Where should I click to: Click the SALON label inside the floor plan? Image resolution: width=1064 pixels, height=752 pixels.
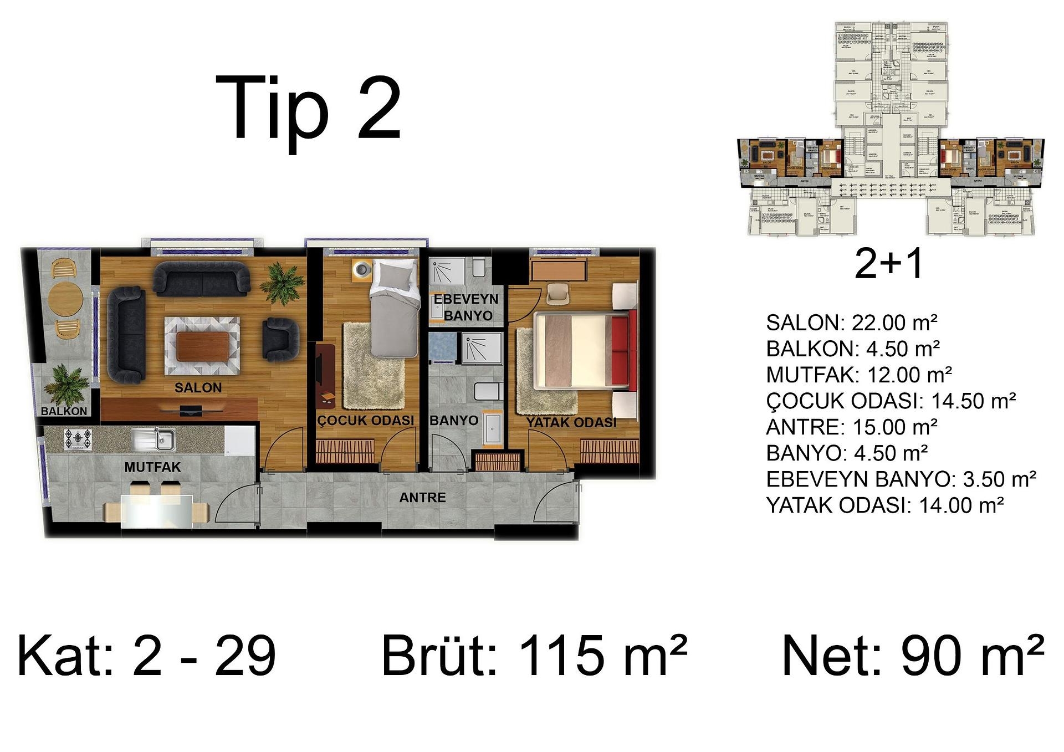click(x=198, y=388)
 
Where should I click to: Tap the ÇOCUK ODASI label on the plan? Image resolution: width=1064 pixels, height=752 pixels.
click(x=365, y=421)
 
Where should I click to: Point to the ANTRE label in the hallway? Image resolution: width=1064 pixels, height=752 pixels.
click(x=422, y=498)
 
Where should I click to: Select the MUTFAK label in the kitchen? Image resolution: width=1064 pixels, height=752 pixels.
click(x=152, y=467)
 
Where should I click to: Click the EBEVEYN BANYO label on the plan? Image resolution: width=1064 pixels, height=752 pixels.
click(x=466, y=307)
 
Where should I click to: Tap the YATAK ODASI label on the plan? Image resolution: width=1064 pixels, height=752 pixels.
click(x=571, y=423)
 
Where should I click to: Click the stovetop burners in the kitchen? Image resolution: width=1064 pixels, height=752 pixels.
click(x=78, y=438)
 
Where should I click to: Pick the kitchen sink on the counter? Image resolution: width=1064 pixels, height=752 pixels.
click(x=154, y=439)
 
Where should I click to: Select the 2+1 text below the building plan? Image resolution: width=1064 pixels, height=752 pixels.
click(x=889, y=264)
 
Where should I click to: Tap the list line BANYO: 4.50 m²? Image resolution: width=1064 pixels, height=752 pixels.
click(x=847, y=453)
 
